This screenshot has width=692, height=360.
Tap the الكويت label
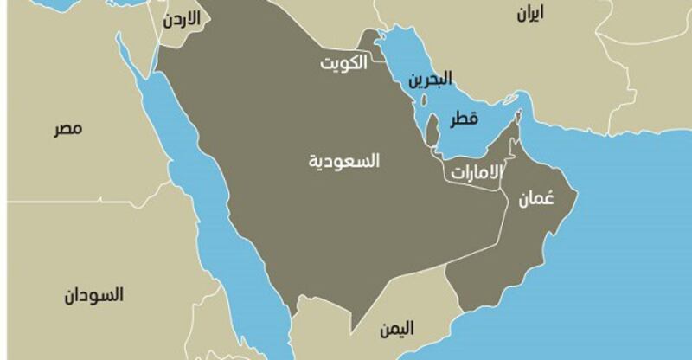click(x=343, y=63)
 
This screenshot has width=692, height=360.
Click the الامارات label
click(x=475, y=171)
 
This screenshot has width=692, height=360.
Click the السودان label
click(x=93, y=295)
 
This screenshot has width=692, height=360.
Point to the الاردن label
click(x=183, y=17)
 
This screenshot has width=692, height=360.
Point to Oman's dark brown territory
click(x=502, y=251)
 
